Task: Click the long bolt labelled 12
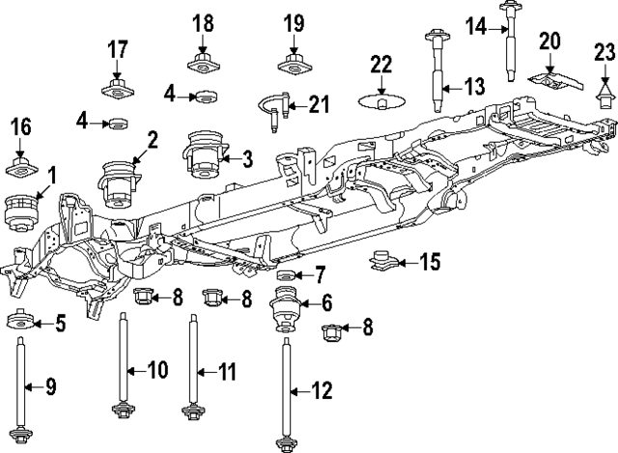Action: (285, 391)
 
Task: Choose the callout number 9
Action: (52, 387)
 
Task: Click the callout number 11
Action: (227, 370)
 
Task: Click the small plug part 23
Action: (605, 94)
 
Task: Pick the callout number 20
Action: (549, 41)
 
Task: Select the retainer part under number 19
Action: (295, 67)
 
